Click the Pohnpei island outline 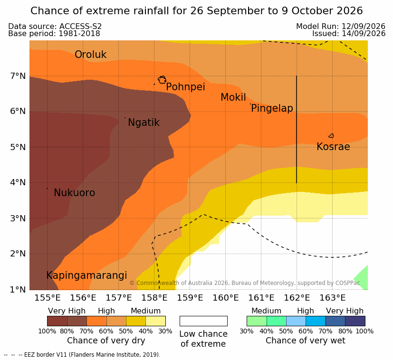159,80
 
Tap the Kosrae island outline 329,136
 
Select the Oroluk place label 90,54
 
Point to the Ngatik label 144,123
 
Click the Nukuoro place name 75,193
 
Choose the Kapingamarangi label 86,275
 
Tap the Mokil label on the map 233,97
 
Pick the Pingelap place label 272,108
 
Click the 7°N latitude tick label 18,76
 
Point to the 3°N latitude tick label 18,218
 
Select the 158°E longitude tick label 154,298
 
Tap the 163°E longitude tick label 332,298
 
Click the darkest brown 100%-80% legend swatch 57,321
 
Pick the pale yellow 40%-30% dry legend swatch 155,321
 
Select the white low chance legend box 203,321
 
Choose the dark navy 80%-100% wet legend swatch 355,321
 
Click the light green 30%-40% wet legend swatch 257,321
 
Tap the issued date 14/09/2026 364,34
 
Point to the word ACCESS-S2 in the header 80,26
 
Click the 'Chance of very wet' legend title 305,341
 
